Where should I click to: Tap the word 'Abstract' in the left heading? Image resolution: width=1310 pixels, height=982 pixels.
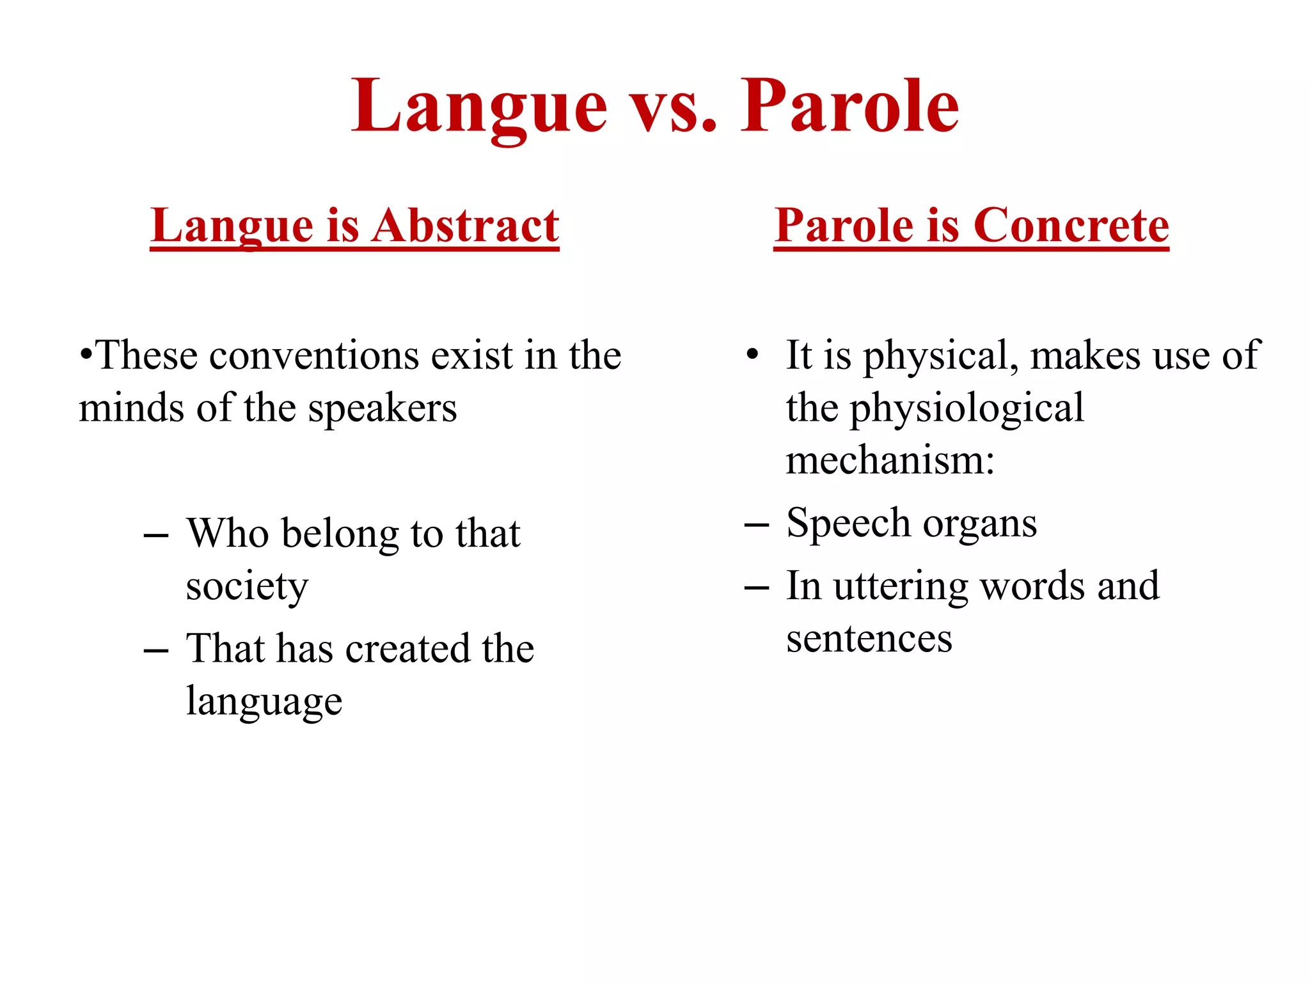click(x=465, y=226)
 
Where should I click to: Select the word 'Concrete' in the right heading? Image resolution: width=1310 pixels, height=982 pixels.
click(x=1071, y=226)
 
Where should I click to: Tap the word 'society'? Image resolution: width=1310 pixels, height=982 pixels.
click(x=247, y=587)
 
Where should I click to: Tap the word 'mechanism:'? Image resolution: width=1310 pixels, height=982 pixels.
click(x=890, y=461)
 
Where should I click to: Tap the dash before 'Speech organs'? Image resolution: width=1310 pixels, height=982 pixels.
click(x=757, y=526)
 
